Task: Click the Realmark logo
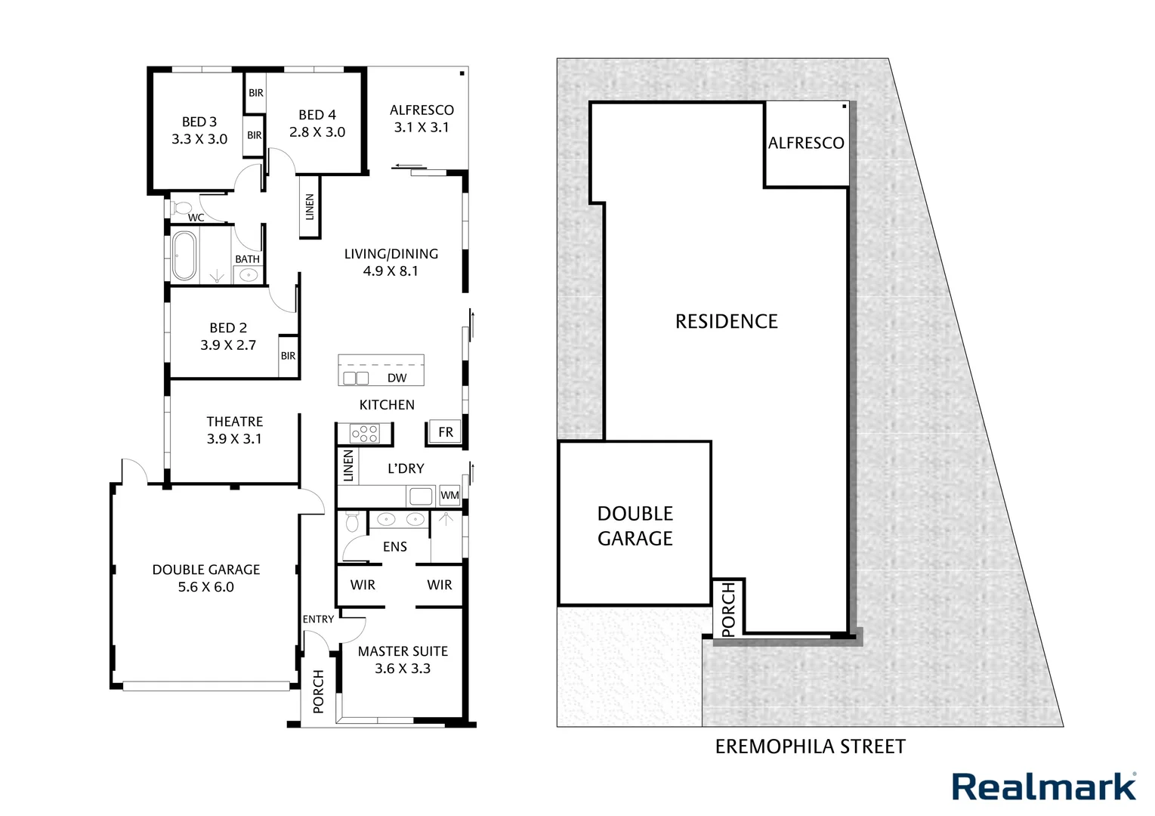point(1043,787)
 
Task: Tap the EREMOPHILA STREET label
point(810,747)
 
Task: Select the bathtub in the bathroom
point(184,255)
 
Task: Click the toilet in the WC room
point(182,208)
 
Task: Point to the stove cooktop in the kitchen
point(364,434)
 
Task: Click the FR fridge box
point(446,432)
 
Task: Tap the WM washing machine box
point(449,496)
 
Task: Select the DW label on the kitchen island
point(397,378)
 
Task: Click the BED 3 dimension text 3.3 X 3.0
point(199,139)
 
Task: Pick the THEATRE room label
point(234,422)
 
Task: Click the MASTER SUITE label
point(403,651)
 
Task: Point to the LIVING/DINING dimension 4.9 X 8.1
point(391,271)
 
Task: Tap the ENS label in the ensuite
point(394,547)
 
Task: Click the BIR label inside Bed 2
point(288,356)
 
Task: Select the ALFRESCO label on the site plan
point(806,144)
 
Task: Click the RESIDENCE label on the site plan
point(726,322)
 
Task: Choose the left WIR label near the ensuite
point(363,585)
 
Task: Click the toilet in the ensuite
point(351,522)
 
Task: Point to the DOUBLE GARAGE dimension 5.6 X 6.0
point(205,587)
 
